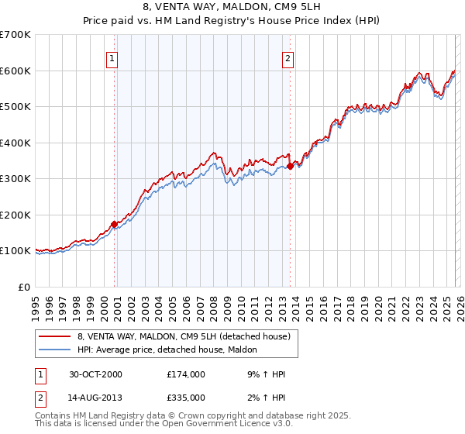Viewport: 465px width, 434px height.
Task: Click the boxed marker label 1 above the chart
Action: [112, 57]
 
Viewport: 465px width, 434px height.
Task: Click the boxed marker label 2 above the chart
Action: [288, 57]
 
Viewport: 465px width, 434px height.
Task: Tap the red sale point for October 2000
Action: [115, 224]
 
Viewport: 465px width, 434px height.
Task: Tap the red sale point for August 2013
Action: [290, 166]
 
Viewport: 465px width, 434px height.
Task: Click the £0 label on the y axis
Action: [25, 287]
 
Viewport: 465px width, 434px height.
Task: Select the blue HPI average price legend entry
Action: [171, 350]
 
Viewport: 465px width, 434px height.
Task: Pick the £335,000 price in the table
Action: [186, 399]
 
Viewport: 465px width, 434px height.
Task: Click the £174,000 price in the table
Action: [186, 374]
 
